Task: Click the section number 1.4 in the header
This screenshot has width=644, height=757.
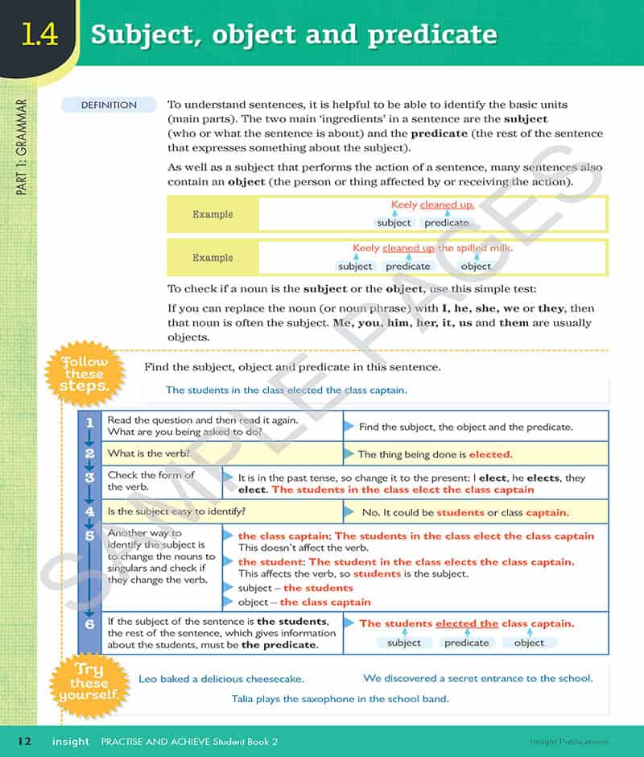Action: pos(39,35)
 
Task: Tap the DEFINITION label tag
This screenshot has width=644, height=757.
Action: pos(109,105)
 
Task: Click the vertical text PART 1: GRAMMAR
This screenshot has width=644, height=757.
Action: pos(22,148)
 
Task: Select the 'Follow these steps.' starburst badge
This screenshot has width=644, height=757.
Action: pos(85,374)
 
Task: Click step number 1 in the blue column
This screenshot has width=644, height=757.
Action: pos(89,422)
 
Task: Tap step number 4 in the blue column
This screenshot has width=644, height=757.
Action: pos(89,511)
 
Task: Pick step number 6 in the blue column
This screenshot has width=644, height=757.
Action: pos(89,623)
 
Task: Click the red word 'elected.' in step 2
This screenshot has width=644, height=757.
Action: pos(490,454)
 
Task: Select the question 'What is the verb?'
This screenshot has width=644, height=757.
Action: pos(149,453)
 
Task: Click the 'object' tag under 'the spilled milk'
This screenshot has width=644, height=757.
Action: pos(475,266)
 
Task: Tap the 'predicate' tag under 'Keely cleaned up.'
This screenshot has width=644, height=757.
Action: pos(446,222)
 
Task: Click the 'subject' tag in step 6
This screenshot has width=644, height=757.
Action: pos(403,643)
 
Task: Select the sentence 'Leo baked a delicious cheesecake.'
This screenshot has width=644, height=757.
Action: pos(221,679)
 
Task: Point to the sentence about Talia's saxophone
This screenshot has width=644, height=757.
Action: pos(340,699)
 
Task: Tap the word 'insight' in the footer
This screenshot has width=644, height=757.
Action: pos(71,742)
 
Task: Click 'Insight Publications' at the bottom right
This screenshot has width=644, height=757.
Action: pos(569,742)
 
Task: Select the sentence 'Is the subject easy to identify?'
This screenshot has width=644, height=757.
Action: pos(176,511)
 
